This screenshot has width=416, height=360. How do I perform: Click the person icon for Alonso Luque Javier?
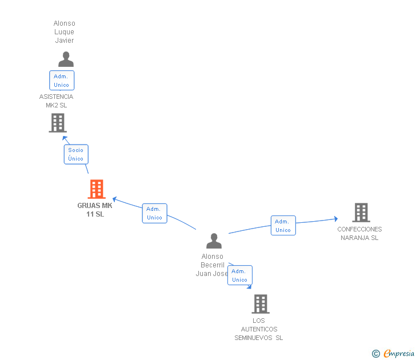66,59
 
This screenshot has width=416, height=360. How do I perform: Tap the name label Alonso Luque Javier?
65,32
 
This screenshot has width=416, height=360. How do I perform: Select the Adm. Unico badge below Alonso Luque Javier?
62,81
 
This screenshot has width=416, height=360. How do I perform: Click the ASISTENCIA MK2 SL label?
56,101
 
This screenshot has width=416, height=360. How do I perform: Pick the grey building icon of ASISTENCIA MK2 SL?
58,123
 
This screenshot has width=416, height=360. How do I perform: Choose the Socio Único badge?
76,154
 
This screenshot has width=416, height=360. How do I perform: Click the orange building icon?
97,189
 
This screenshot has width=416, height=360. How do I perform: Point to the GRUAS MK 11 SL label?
95,210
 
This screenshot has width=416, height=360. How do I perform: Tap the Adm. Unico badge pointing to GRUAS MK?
154,213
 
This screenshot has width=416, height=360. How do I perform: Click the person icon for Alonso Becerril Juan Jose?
214,241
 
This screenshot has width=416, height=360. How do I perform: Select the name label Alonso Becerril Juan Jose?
212,265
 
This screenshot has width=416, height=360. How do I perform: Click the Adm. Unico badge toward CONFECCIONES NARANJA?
283,226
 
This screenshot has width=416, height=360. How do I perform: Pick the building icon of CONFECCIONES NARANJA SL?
361,213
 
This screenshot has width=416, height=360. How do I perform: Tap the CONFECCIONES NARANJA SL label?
359,233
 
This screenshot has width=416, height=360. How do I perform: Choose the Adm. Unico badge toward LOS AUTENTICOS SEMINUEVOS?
239,275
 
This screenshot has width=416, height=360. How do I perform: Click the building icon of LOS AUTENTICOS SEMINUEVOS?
261,304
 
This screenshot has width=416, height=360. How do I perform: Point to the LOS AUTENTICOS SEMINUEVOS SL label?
258,329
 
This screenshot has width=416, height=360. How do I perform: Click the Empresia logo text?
398,353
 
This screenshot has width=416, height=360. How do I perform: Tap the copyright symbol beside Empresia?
376,354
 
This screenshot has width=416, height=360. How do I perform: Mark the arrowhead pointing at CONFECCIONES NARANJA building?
335,218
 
